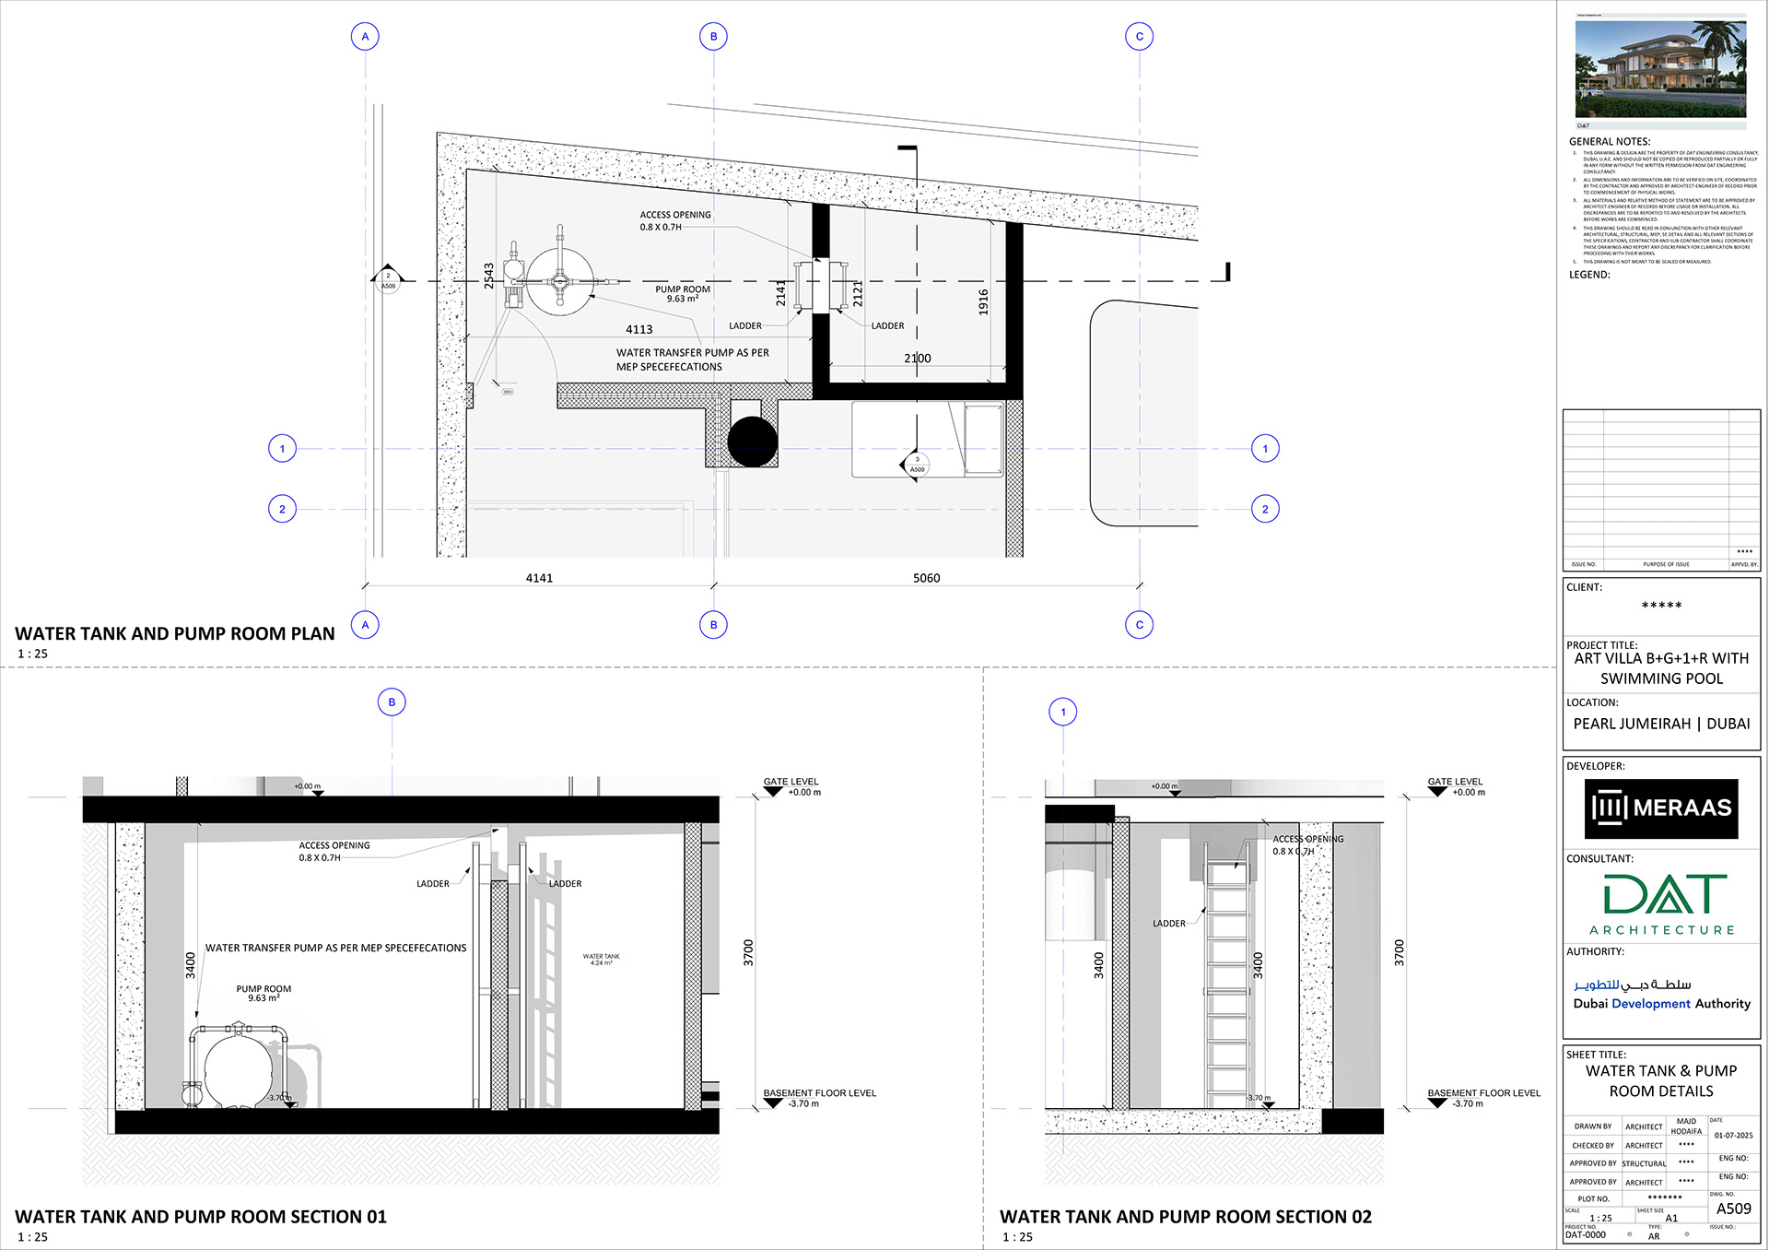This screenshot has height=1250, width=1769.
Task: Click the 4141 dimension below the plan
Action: pos(539,578)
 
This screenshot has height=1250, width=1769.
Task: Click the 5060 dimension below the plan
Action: pos(926,578)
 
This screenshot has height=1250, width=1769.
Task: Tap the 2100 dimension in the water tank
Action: pos(917,358)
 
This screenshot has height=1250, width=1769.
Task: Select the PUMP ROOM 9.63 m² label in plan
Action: pos(683,293)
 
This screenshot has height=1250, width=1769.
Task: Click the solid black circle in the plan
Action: pos(753,442)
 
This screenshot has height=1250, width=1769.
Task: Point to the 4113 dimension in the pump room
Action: pos(638,329)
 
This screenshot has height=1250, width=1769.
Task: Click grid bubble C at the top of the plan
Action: pos(1140,37)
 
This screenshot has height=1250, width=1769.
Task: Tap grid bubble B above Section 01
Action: pos(392,702)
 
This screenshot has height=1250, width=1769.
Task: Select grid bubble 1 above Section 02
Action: pos(1063,712)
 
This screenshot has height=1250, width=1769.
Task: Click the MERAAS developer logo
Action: pos(1661,808)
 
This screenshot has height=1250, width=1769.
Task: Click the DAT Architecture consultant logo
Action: pos(1661,904)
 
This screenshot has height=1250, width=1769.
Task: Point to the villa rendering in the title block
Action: pos(1660,69)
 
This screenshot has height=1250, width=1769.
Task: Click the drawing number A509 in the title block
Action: pos(1733,1209)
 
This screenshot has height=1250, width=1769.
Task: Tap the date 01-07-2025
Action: pos(1733,1136)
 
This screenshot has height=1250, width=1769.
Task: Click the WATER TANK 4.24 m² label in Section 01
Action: pos(601,960)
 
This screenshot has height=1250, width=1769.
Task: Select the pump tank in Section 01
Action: pos(239,1068)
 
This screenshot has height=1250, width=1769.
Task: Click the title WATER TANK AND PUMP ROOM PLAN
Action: pos(175,633)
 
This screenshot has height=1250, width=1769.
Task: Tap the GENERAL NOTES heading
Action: pos(1610,142)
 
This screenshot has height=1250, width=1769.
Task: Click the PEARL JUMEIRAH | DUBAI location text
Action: pos(1661,724)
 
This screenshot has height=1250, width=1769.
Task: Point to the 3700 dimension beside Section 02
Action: pos(1399,952)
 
